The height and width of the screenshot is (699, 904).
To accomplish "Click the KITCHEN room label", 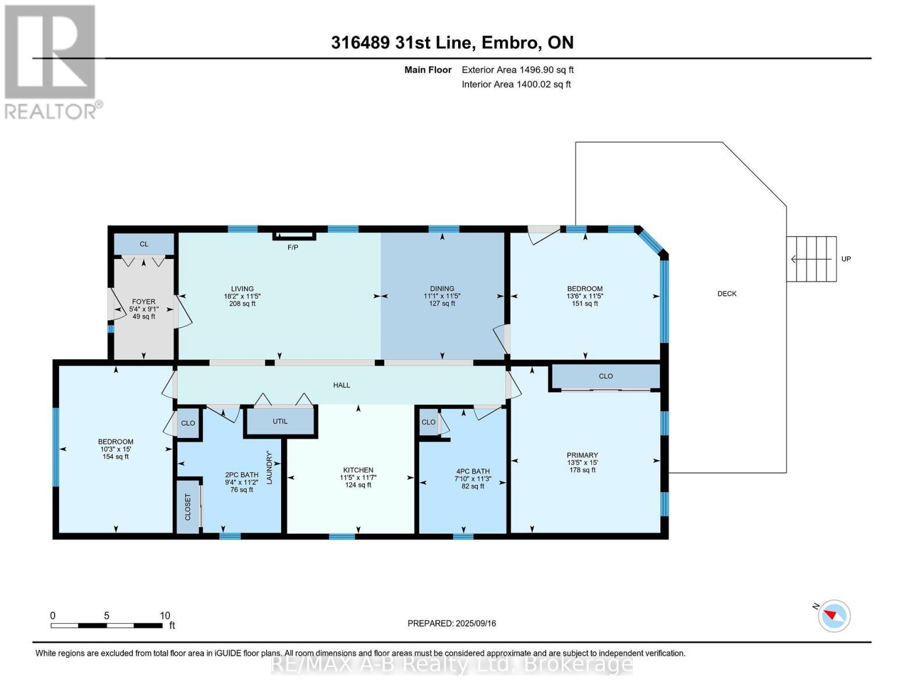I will click(357, 470).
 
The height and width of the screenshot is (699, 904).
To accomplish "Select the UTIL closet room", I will click(280, 421).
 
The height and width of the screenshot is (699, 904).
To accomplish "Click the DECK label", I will click(726, 294).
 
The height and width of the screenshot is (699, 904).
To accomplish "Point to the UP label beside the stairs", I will click(846, 259).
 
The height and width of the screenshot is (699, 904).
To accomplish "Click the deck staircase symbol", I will click(811, 259).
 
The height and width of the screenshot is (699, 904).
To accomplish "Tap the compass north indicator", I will click(834, 615).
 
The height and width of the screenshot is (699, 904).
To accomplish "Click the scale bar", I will click(107, 625).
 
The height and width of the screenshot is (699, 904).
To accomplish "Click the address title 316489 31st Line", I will click(452, 43).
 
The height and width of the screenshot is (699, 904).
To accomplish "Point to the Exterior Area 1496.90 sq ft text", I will click(517, 70).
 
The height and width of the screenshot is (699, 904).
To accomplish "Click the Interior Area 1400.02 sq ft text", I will click(516, 84).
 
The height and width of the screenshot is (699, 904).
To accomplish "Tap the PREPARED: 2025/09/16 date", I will click(452, 623).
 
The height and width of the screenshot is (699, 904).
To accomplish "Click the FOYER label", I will click(144, 302).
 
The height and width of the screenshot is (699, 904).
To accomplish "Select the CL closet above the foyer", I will click(144, 244).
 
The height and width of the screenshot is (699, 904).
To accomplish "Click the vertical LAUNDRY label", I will click(269, 467).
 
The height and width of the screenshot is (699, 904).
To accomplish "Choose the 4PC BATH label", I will click(473, 471).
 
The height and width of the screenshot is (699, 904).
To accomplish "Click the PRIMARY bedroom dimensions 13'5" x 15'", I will click(582, 463).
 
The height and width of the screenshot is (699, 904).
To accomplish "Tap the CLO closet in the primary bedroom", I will click(605, 376).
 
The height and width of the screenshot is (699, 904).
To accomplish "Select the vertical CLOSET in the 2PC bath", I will click(187, 507).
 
